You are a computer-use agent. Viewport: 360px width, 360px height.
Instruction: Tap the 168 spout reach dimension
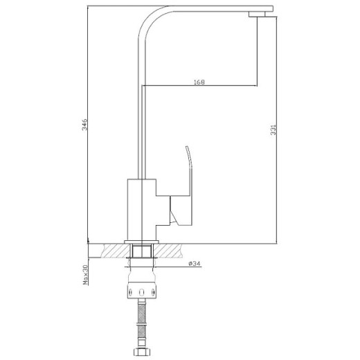pos(199,82)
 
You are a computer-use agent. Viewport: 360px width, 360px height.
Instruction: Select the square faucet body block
pos(141,205)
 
